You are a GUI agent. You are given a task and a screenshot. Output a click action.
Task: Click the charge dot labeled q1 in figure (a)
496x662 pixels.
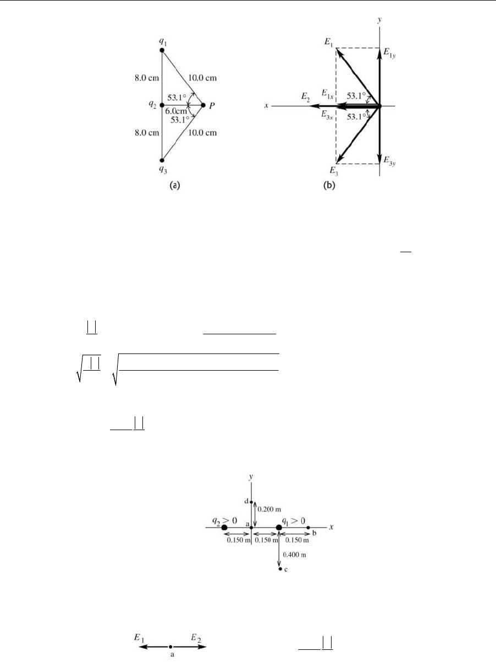click(162, 50)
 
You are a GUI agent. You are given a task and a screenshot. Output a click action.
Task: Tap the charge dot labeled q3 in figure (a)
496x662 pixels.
click(162, 161)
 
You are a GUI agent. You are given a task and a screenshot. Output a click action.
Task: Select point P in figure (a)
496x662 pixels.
click(203, 105)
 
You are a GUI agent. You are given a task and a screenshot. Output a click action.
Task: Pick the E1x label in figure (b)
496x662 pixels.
click(328, 94)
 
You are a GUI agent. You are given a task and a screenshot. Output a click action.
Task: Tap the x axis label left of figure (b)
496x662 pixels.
click(266, 105)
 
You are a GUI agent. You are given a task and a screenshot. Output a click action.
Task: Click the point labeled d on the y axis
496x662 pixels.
click(251, 502)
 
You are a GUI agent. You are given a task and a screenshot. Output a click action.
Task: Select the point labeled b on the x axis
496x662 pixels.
click(308, 528)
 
